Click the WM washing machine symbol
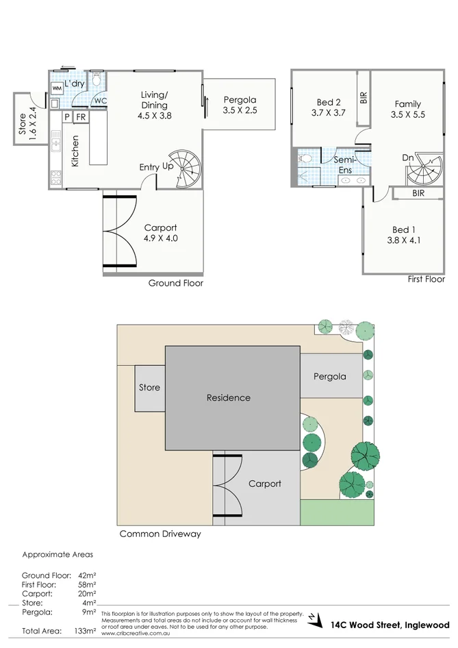[56, 89]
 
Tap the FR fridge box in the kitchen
[81, 117]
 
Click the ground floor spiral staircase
[188, 169]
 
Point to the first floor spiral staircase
[423, 170]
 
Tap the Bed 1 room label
[403, 229]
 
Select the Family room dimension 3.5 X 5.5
[408, 115]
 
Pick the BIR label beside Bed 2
[364, 97]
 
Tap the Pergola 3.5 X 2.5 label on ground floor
[240, 105]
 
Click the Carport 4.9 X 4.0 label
[160, 234]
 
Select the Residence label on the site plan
[229, 397]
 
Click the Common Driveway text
[160, 534]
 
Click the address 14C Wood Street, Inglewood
[390, 625]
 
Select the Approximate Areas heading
[58, 555]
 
